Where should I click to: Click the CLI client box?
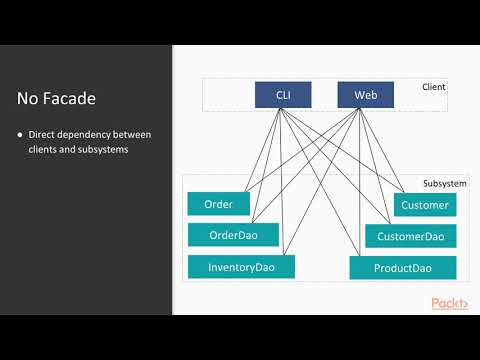pyautogui.click(x=283, y=95)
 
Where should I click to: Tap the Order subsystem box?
pyautogui.click(x=218, y=204)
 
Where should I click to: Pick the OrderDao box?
pyautogui.click(x=233, y=235)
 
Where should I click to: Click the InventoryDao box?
pyautogui.click(x=241, y=267)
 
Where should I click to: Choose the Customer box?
pyautogui.click(x=424, y=205)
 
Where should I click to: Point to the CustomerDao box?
pyautogui.click(x=410, y=236)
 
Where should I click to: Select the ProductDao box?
pyautogui.click(x=402, y=268)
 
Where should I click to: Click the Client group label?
pyautogui.click(x=433, y=87)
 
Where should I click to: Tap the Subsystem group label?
pyautogui.click(x=442, y=184)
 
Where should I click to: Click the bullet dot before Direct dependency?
pyautogui.click(x=20, y=134)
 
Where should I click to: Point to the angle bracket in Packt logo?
pyautogui.click(x=464, y=303)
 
